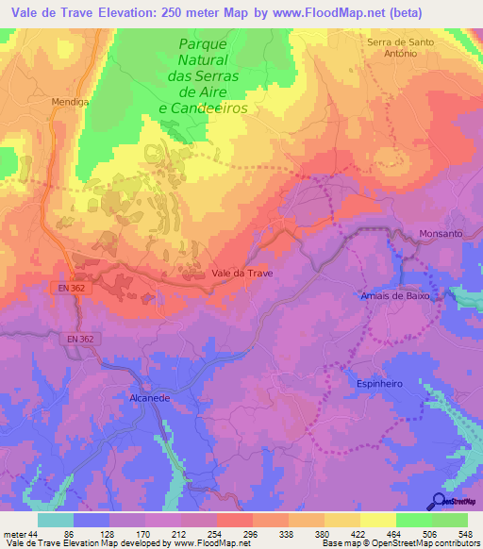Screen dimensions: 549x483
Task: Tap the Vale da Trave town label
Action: point(241,273)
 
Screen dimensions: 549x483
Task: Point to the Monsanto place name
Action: point(441,233)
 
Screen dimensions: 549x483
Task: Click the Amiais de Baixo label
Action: point(395,295)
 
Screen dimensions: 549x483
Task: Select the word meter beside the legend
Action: point(15,533)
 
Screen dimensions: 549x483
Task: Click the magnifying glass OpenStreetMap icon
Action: point(440,501)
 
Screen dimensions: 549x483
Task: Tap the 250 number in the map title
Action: point(149,12)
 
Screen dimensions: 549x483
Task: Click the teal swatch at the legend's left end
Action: point(55,520)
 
